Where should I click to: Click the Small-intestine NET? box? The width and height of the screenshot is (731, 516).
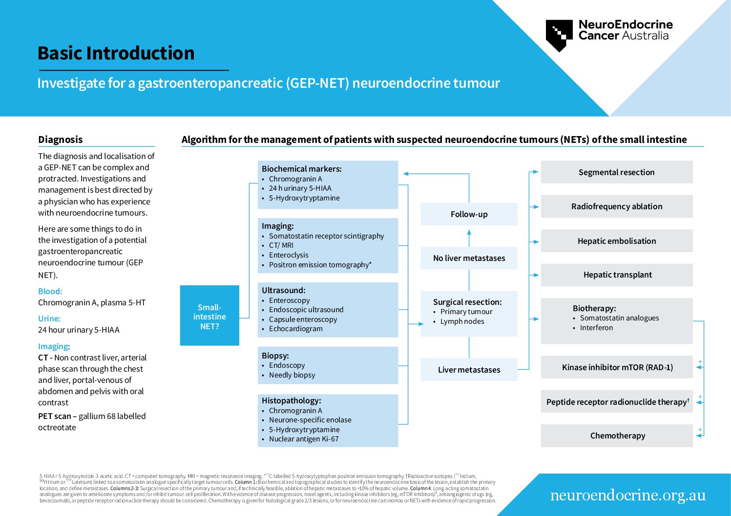(209, 316)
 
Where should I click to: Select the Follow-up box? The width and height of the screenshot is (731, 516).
(469, 214)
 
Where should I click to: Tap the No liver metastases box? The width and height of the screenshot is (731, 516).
(469, 258)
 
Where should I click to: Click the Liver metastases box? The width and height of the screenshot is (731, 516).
(469, 370)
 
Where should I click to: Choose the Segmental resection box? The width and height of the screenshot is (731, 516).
(616, 172)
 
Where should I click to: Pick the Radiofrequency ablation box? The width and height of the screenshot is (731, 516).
(616, 206)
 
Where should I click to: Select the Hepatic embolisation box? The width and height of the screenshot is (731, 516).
(616, 241)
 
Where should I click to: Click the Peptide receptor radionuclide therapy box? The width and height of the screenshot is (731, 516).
(616, 402)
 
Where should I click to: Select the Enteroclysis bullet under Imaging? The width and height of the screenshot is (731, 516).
(289, 255)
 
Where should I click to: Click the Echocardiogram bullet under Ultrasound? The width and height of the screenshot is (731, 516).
(295, 329)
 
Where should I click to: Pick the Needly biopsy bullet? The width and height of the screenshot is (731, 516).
(292, 375)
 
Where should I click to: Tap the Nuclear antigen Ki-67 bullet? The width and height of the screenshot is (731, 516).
(303, 439)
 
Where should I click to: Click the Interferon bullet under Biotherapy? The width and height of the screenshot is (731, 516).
(596, 328)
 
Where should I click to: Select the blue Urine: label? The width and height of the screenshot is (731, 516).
(49, 318)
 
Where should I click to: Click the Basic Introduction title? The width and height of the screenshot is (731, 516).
(116, 53)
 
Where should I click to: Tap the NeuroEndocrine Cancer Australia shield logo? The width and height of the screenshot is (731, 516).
(559, 35)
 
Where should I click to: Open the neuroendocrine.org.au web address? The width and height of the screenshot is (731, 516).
(627, 495)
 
